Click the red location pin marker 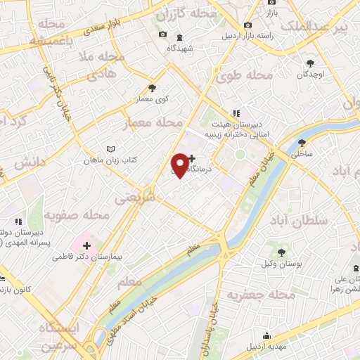pyautogui.click(x=180, y=165)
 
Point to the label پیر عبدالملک pyautogui.click(x=314, y=27)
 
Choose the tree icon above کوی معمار pyautogui.click(x=153, y=89)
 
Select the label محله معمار pyautogui.click(x=153, y=123)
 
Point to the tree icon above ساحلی pyautogui.click(x=301, y=142)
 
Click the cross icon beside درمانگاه pyautogui.click(x=193, y=159)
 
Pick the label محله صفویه pyautogui.click(x=77, y=214)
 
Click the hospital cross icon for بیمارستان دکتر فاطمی pyautogui.click(x=86, y=245)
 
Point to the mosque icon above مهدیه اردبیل pyautogui.click(x=266, y=335)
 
